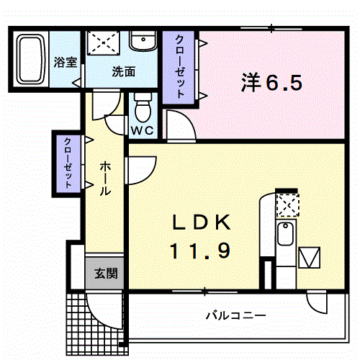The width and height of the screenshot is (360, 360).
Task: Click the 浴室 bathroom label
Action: pos(66,62)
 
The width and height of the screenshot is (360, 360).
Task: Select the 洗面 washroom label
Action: pos(123,72)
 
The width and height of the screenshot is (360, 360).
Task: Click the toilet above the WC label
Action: pos(142,109)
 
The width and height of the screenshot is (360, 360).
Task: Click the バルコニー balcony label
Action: pos(235,315)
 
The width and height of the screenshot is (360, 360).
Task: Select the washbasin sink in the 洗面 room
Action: pos(143,42)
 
